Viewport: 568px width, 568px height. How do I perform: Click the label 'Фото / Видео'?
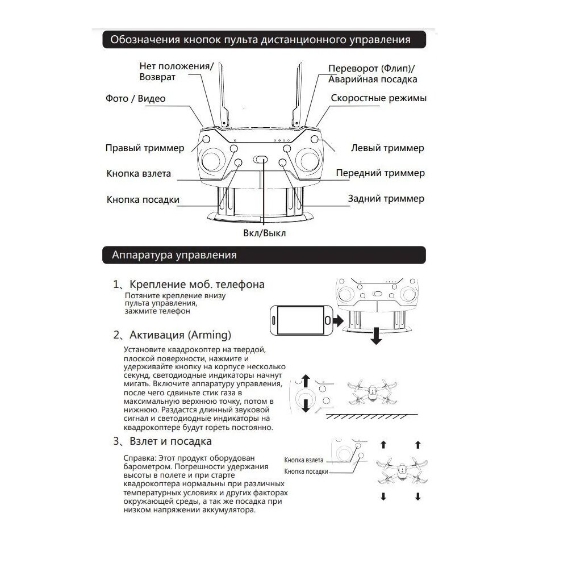(135, 99)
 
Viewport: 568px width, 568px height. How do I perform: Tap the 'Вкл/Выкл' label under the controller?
(265, 233)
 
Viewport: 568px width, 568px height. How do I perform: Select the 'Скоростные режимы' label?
(379, 98)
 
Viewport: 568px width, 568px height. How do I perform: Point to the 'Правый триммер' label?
(145, 148)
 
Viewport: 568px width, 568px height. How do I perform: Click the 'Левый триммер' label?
(387, 148)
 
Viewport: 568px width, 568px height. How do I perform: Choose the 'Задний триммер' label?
(386, 199)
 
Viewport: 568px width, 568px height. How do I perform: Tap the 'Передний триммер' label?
(380, 173)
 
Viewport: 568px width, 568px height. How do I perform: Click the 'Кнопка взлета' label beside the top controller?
(138, 174)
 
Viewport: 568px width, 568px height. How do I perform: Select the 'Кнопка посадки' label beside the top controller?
(143, 199)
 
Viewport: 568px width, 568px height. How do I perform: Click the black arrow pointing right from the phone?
(339, 321)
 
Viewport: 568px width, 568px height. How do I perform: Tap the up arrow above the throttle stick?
(306, 381)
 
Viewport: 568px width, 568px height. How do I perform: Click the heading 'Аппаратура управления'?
(174, 255)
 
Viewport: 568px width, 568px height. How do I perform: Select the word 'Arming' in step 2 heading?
(211, 335)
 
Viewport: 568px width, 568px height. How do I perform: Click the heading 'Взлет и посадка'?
(170, 441)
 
